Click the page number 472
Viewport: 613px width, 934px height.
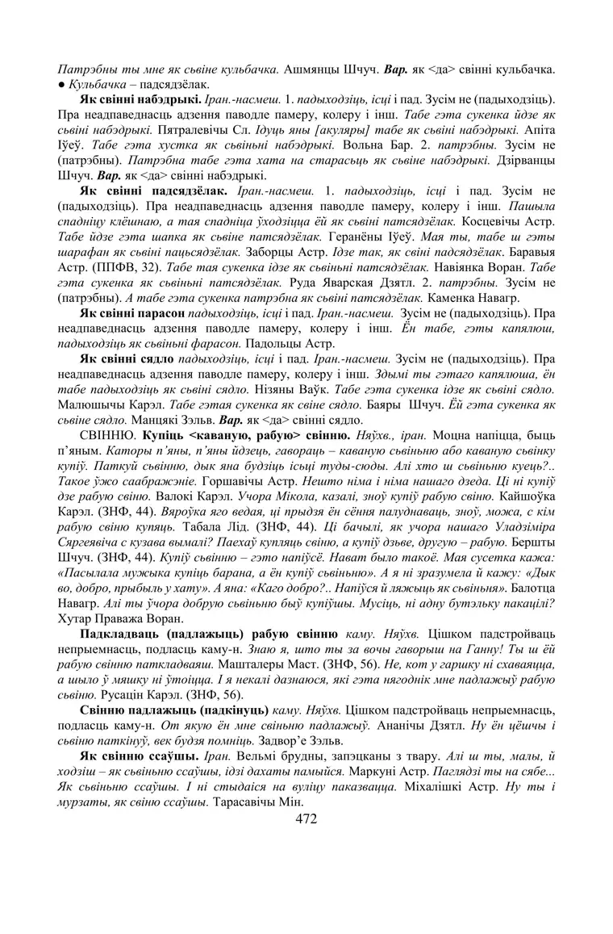tap(306, 820)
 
